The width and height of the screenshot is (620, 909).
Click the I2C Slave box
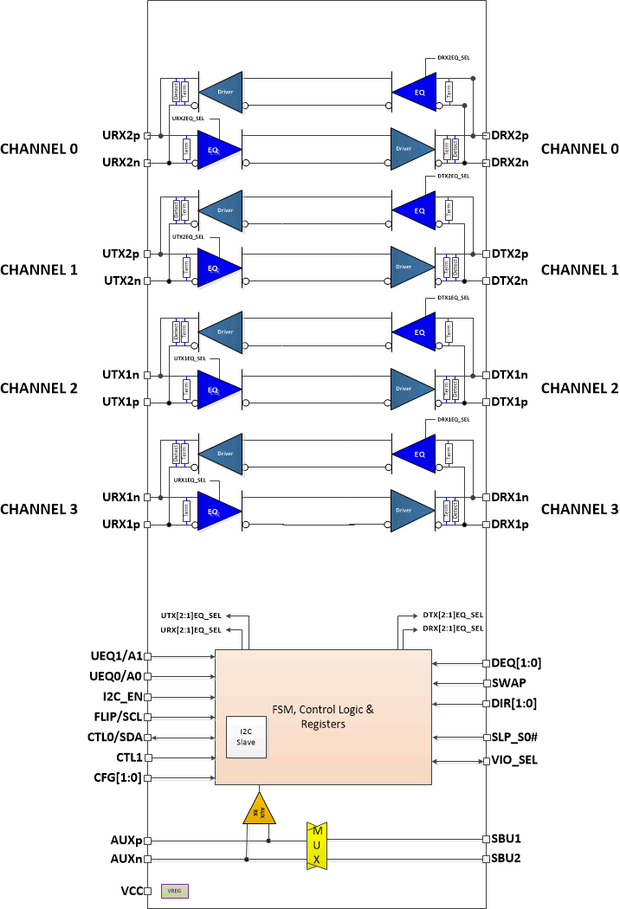[247, 737]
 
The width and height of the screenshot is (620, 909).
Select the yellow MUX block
[316, 845]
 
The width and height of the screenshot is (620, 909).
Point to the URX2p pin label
[121, 135]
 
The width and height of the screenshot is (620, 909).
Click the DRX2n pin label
[510, 163]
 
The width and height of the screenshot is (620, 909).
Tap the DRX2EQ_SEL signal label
[449, 58]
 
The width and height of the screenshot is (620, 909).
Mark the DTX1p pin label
[510, 402]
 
